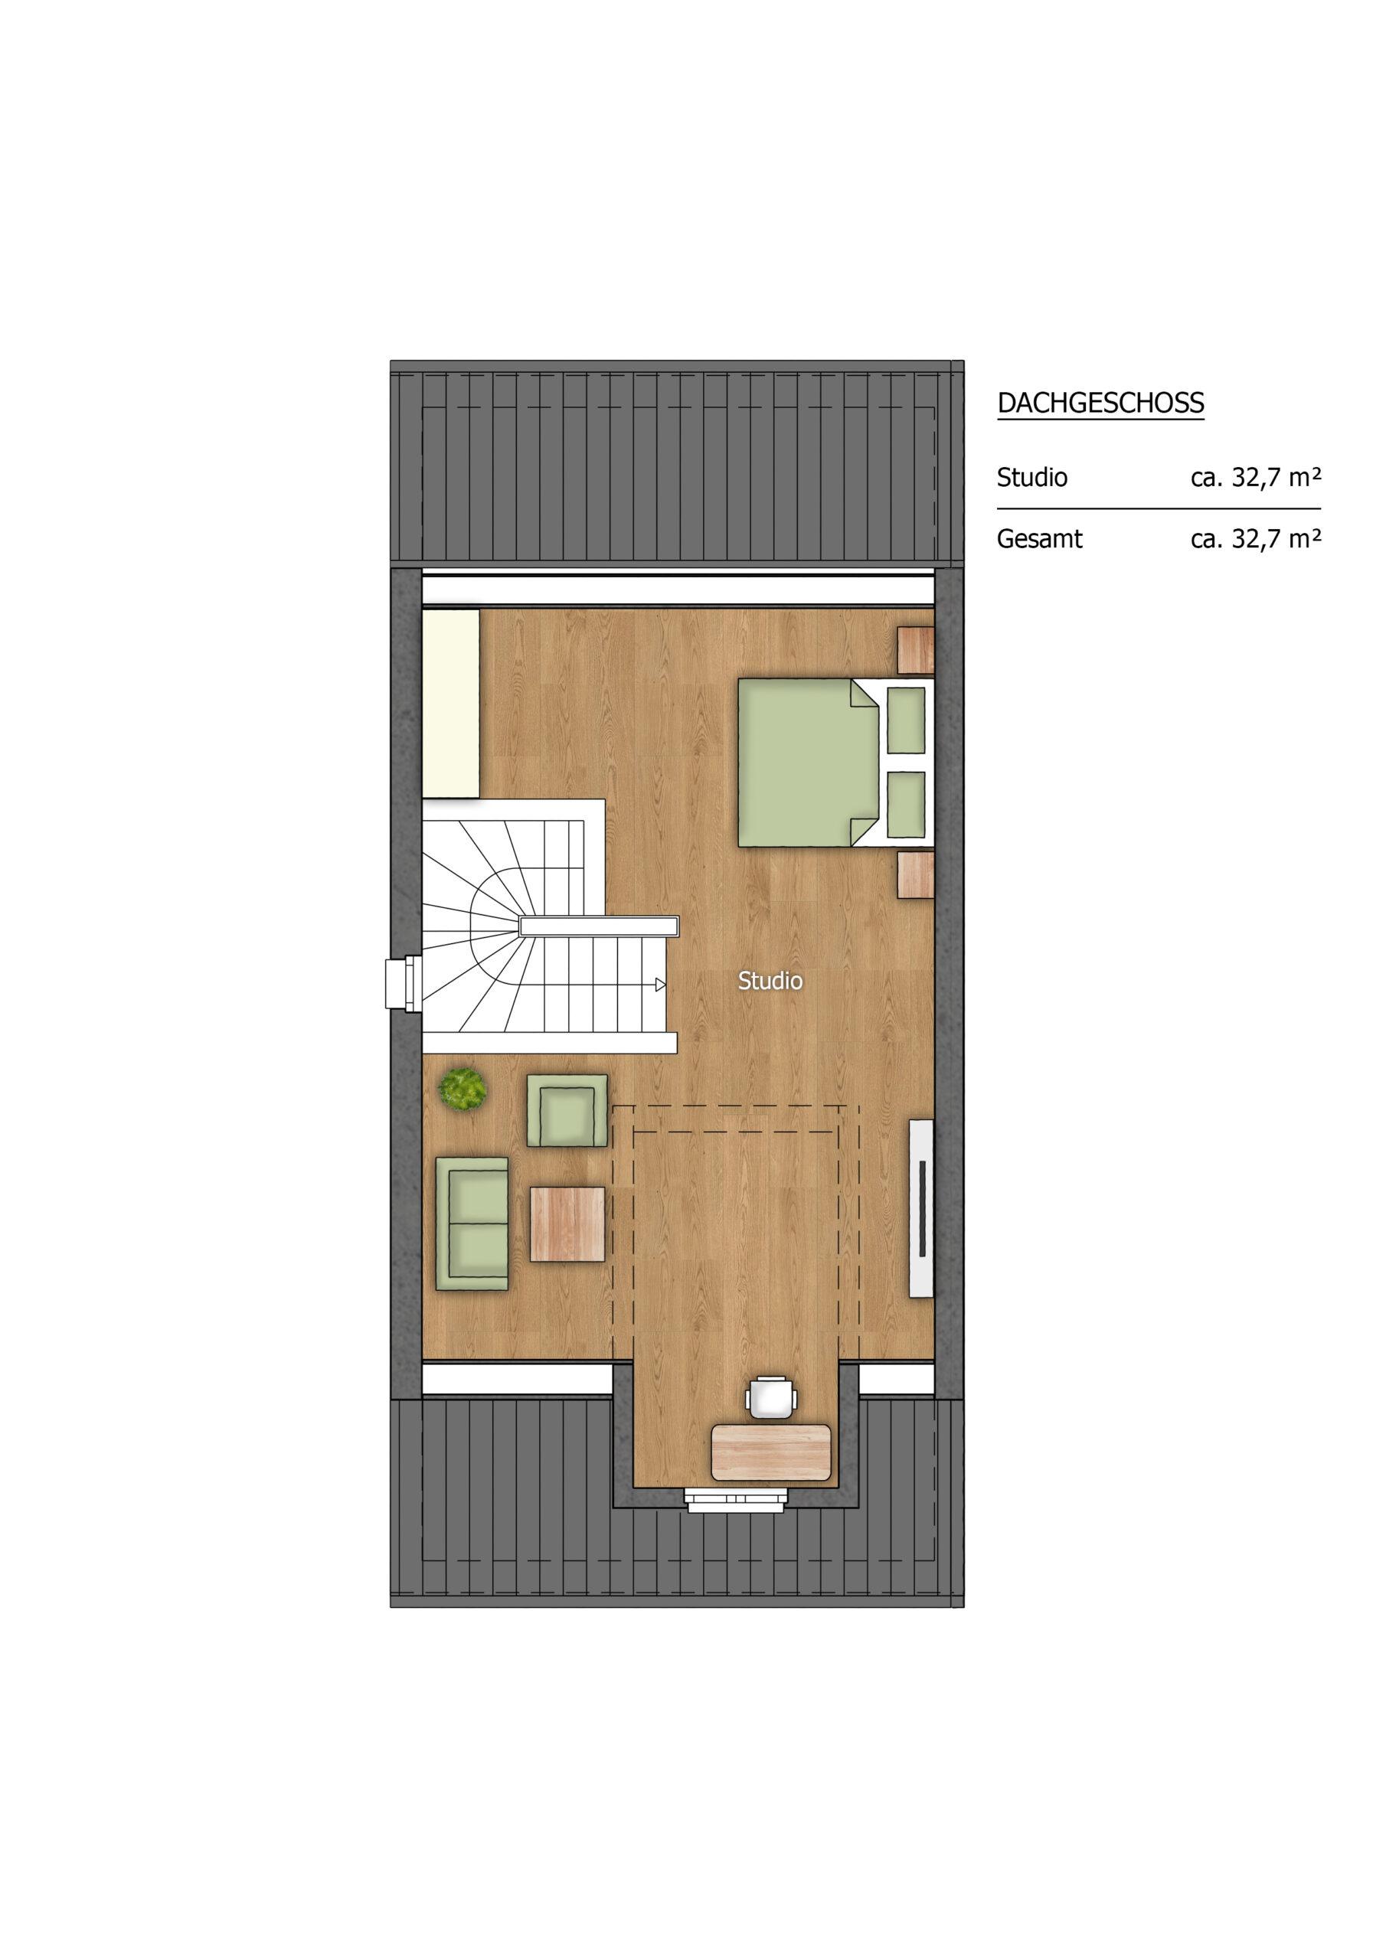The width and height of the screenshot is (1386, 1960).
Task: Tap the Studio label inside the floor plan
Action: click(x=770, y=982)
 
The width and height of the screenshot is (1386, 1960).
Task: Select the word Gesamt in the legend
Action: click(x=1039, y=541)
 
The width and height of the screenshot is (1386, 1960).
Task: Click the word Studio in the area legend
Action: click(x=1031, y=477)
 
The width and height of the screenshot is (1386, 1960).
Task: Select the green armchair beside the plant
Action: click(x=566, y=1111)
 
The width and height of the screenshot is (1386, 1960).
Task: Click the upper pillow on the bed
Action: click(x=907, y=719)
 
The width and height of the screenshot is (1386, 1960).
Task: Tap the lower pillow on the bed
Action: click(x=907, y=804)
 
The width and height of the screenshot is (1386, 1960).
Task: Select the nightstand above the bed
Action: click(x=917, y=648)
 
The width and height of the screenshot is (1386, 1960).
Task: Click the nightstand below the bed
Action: click(x=917, y=875)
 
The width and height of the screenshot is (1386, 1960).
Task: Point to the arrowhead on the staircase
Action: click(x=660, y=985)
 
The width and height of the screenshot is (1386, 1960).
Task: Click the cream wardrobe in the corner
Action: click(x=451, y=704)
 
